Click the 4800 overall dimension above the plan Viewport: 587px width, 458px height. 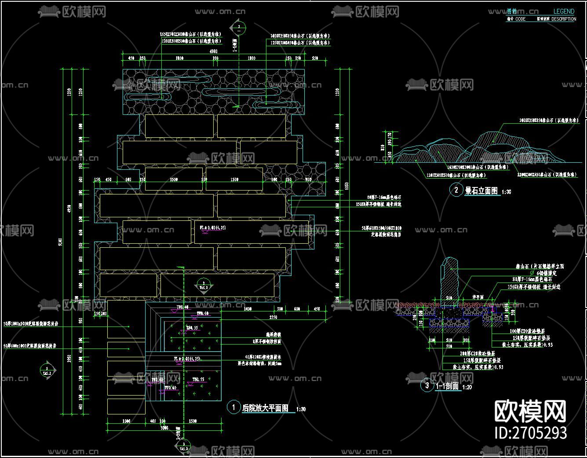click(x=213, y=51)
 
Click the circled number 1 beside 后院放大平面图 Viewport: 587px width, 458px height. click(x=233, y=407)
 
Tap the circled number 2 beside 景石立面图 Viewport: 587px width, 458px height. click(x=456, y=190)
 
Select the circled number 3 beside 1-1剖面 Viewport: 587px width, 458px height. click(x=427, y=385)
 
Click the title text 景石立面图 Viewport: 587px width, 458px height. click(x=481, y=191)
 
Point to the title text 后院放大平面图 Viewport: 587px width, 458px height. click(x=265, y=408)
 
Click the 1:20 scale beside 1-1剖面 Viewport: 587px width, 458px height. click(x=467, y=387)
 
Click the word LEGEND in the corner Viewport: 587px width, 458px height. click(x=563, y=11)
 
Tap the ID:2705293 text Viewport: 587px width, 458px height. click(x=530, y=433)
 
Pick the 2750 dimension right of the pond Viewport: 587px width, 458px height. click(x=273, y=317)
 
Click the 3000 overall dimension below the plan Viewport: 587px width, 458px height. click(x=164, y=428)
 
